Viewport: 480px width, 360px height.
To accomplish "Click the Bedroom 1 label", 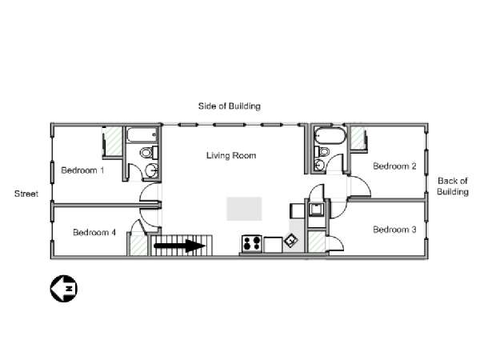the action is (x=82, y=170).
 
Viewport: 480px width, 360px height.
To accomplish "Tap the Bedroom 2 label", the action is (x=394, y=166).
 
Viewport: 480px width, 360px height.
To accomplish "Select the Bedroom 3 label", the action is (x=394, y=230).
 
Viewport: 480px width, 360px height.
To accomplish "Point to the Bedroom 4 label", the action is (x=94, y=232).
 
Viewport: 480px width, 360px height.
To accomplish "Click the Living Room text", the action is (x=231, y=155).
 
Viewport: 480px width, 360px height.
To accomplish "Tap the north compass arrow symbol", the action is (x=64, y=288).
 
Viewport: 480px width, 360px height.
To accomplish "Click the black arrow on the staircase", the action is (x=179, y=246).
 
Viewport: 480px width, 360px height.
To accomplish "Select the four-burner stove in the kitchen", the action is (x=252, y=244).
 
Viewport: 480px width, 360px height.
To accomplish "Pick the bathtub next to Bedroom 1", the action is (x=142, y=134).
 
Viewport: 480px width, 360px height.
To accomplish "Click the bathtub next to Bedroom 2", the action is (x=330, y=136).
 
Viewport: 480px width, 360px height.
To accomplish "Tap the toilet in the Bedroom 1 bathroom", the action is (x=149, y=153).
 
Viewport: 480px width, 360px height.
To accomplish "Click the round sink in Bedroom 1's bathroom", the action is (x=152, y=170).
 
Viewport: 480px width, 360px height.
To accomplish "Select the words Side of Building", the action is (x=230, y=106).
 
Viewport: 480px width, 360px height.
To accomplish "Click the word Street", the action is (x=26, y=194).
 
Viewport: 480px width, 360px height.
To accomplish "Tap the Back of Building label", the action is (x=453, y=186).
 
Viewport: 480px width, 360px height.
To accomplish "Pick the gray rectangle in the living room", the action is (x=244, y=209).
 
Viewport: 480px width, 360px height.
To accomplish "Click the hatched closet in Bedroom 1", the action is (x=114, y=141).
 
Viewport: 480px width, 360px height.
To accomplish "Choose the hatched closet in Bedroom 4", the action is (x=138, y=244).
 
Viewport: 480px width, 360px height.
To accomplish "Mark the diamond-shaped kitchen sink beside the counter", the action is (x=291, y=240).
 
